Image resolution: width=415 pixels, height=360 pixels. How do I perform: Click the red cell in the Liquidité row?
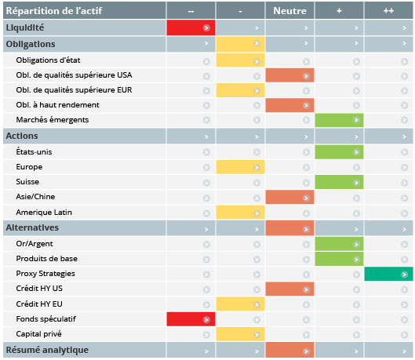point(191,27)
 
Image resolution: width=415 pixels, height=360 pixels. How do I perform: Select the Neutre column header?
point(289,11)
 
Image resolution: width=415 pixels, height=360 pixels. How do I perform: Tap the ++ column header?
point(388,11)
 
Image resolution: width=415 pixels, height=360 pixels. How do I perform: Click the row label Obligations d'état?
point(48,60)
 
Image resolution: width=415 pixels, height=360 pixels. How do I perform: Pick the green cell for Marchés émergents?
point(339,120)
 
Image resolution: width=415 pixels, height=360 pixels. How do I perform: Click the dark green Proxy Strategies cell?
point(388,274)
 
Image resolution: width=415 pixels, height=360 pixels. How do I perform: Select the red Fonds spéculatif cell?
point(191,319)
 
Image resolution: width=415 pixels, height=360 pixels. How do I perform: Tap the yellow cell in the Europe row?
point(240,167)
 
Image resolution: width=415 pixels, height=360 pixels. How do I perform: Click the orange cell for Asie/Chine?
point(289,197)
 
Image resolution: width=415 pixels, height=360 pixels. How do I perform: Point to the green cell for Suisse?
point(339,182)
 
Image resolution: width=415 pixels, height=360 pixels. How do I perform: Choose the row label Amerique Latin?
point(44,213)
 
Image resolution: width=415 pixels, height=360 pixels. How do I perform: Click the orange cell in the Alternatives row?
point(289,228)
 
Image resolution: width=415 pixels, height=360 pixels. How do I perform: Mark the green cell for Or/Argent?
point(339,244)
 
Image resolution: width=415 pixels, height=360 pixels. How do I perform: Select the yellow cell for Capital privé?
point(240,334)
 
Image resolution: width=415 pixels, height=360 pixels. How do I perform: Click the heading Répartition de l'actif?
point(54,11)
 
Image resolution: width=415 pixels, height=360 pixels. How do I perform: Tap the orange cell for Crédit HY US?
point(289,289)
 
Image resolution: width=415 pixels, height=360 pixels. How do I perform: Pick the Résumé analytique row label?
point(47,350)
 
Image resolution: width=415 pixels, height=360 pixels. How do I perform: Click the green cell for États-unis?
point(339,152)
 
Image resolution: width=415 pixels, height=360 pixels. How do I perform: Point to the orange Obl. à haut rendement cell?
point(289,105)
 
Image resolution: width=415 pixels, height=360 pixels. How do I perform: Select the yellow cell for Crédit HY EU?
point(240,304)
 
